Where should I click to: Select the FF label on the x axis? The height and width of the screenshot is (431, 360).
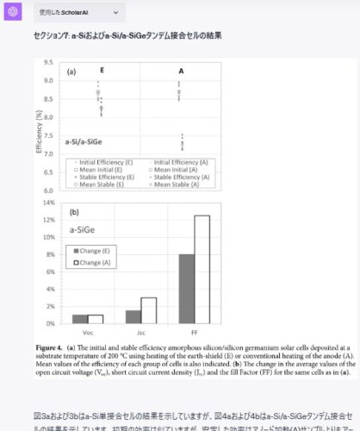pos(194,331)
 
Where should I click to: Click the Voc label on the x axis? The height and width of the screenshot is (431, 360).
pos(88,331)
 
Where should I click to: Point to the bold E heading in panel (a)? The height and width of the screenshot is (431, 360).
pos(102,72)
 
